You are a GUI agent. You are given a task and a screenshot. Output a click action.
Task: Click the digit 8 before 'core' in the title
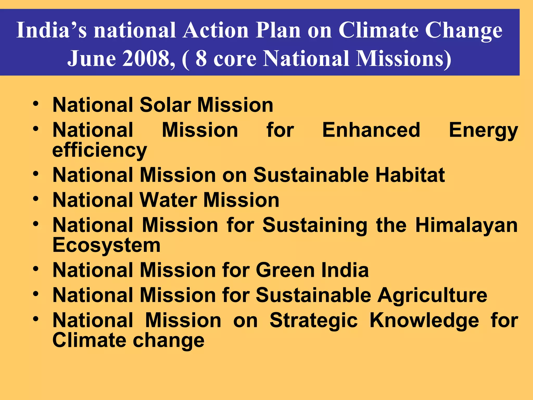(x=201, y=58)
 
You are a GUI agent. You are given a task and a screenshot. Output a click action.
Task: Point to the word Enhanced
(x=371, y=130)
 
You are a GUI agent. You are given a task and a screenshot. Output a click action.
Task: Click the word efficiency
(x=100, y=150)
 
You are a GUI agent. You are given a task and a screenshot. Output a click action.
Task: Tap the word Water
(x=168, y=200)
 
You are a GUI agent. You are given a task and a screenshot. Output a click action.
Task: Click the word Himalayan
(x=466, y=225)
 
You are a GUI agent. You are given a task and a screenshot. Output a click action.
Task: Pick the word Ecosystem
(x=106, y=245)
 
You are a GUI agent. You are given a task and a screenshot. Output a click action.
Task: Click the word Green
(x=285, y=270)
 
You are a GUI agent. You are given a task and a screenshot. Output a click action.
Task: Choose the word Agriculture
(x=432, y=295)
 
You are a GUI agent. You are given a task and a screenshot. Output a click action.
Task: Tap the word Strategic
(x=313, y=320)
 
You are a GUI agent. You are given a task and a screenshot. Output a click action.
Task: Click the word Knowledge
(x=424, y=320)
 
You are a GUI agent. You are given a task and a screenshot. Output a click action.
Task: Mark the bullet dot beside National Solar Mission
(x=36, y=104)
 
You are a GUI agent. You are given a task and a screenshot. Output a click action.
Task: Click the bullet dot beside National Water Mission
(x=36, y=199)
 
